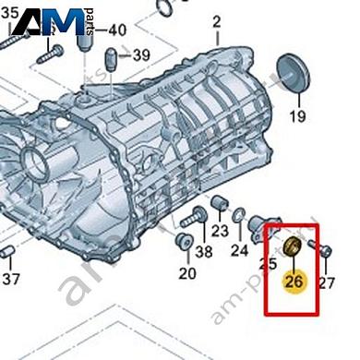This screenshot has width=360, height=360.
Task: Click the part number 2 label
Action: (x=218, y=21)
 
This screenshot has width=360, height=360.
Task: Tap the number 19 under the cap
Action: (x=297, y=116)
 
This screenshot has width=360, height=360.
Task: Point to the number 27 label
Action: (x=326, y=282)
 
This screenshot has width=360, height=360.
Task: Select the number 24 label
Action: (x=240, y=249)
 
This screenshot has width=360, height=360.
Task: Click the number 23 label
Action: (x=220, y=231)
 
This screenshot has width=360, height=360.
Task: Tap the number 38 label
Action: (x=204, y=251)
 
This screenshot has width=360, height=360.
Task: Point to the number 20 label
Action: (x=187, y=273)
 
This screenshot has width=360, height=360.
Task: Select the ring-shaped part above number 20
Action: (x=183, y=243)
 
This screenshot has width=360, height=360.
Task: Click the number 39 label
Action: (x=141, y=55)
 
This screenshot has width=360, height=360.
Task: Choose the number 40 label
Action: (x=117, y=30)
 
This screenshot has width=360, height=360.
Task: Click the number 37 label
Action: (x=10, y=278)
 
